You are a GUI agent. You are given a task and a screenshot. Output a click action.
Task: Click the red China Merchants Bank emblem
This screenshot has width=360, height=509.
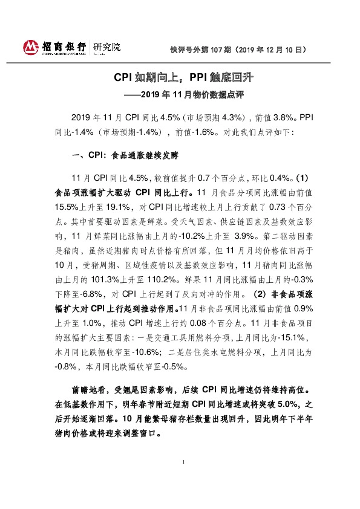click(x=30, y=47)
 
